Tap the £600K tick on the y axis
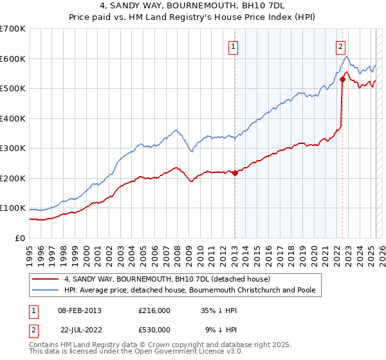click(x=13, y=59)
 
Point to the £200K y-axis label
click(x=13, y=178)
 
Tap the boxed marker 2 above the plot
click(x=340, y=46)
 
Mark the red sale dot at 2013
click(x=235, y=173)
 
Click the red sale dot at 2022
click(x=342, y=79)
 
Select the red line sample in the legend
click(x=46, y=279)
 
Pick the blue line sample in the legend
click(x=46, y=290)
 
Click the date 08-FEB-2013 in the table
click(x=80, y=310)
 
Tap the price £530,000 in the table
click(x=154, y=330)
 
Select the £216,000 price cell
click(x=154, y=310)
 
